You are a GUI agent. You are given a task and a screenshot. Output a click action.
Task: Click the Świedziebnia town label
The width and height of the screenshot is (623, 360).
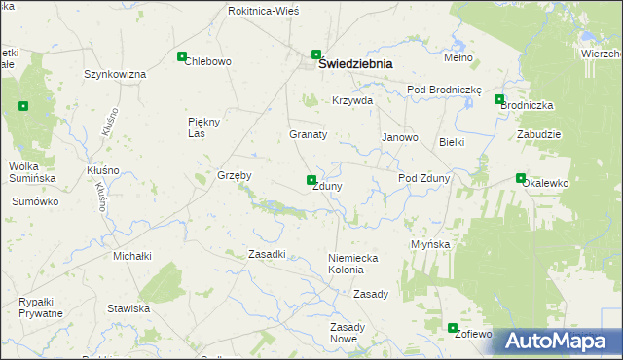coord(356,64)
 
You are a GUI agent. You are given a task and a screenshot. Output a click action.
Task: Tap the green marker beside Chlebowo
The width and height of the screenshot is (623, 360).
coord(182,57)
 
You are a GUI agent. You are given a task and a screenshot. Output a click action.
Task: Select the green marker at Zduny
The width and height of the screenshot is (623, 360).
coord(311,180)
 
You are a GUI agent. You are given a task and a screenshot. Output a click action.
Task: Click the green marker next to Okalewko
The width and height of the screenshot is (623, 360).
coord(520,178)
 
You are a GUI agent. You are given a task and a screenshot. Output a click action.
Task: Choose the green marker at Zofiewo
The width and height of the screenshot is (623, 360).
coord(453,328)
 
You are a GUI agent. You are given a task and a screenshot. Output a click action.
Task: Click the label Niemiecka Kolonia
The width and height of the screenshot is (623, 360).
coord(351,263)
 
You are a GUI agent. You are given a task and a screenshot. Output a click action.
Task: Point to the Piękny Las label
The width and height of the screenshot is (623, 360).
coord(205,127)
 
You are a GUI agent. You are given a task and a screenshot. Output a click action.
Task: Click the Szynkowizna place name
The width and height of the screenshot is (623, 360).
coord(115,74)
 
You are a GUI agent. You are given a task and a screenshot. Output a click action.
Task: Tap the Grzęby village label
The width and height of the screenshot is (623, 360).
coord(235,176)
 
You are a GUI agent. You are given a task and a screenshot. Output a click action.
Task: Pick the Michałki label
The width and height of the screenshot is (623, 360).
coord(132,256)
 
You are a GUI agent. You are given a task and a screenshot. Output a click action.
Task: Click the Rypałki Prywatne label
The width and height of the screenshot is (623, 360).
coord(41,307)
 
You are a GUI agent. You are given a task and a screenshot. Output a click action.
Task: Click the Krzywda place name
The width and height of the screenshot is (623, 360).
coord(352,101)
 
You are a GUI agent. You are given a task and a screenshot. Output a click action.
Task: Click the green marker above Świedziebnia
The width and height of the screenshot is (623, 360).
coord(316,54)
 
